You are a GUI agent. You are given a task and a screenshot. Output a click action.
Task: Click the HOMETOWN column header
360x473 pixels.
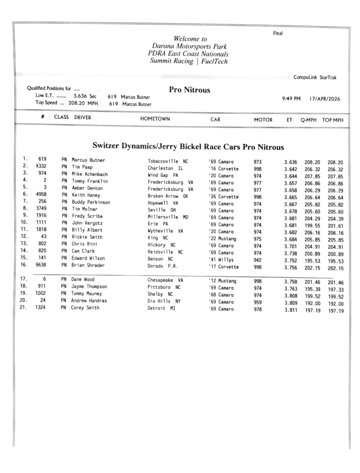tap(155, 119)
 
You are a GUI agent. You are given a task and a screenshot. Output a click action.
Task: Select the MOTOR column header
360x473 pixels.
tap(263, 120)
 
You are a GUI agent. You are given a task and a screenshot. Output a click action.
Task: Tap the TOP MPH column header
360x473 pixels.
tap(333, 120)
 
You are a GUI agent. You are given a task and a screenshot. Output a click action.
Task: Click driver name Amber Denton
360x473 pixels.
tap(87, 188)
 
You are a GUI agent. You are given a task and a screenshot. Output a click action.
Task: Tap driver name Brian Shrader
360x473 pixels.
tap(88, 265)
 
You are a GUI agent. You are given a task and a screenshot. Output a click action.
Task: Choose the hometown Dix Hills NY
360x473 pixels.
tap(164, 301)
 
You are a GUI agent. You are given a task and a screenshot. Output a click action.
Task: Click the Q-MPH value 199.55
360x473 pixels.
tap(312, 225)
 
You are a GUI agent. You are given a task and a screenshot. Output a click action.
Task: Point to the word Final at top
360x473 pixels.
tap(278, 33)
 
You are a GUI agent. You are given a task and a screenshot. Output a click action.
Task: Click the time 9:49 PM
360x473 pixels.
tap(291, 98)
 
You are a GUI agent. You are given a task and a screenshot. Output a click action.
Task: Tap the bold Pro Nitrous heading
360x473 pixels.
tap(189, 90)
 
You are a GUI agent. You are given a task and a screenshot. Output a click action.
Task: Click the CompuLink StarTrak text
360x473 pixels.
tap(315, 77)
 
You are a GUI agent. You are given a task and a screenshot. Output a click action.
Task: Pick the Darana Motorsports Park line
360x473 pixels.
tap(189, 46)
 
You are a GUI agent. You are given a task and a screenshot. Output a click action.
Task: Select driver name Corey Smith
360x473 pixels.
tap(85, 308)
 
